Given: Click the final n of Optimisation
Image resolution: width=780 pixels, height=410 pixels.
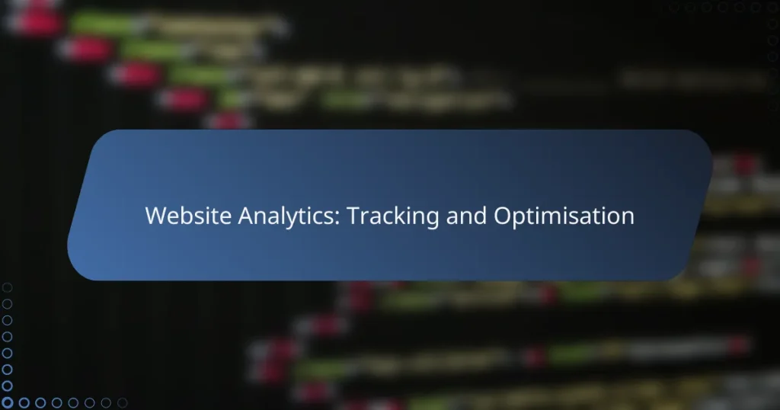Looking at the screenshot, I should click(627, 217).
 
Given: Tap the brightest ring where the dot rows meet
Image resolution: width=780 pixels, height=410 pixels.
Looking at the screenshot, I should click(8, 402).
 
